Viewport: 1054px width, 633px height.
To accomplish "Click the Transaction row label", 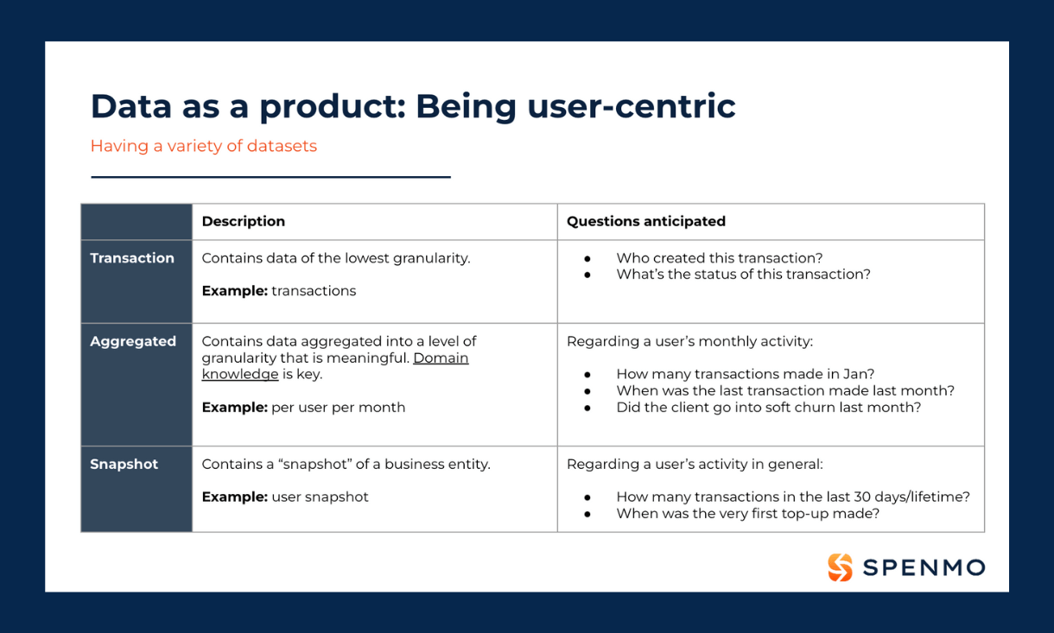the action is (x=132, y=258).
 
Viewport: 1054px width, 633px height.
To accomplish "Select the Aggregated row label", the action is (x=133, y=341).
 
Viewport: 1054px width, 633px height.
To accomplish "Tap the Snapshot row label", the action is (x=124, y=464).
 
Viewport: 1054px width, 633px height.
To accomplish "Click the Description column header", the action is (x=243, y=221).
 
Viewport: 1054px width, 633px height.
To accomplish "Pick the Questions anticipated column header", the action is (x=645, y=221).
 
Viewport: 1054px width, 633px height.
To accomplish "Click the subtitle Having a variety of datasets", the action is (x=203, y=146).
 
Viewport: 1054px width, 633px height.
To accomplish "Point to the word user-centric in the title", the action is (x=638, y=106).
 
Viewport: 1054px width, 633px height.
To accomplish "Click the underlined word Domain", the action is (x=441, y=358).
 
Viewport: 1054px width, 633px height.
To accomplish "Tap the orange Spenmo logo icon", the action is (x=840, y=567).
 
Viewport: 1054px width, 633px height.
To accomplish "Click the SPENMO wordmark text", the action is (x=923, y=567).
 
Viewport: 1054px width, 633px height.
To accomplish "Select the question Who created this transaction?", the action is (x=719, y=258).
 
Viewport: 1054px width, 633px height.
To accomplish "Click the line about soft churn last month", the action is (x=768, y=407).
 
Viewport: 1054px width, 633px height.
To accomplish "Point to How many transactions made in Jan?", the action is (x=745, y=374).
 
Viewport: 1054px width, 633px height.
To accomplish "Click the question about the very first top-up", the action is (x=747, y=513).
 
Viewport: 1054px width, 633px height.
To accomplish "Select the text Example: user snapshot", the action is (x=285, y=497).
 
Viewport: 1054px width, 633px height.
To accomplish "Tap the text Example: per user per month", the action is (x=303, y=407).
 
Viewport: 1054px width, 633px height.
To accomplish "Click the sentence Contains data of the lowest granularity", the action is (x=335, y=258).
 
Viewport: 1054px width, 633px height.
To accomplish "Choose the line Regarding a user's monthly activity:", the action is (x=689, y=341).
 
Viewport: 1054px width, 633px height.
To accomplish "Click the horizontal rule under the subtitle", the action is (x=270, y=177).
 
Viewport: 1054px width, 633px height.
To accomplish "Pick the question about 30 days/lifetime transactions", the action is (x=792, y=497).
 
